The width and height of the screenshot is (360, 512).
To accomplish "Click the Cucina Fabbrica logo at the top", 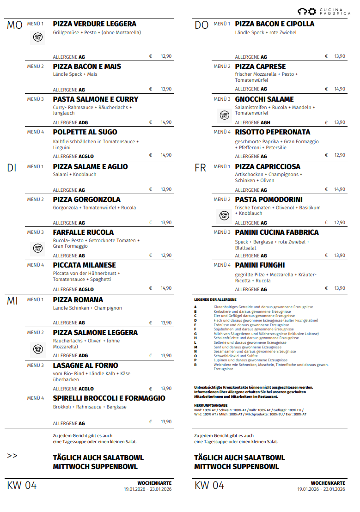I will tap(324, 12).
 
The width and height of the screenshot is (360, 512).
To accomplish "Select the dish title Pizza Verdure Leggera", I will tap(95, 24).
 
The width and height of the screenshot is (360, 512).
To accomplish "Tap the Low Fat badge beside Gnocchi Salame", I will tap(224, 115).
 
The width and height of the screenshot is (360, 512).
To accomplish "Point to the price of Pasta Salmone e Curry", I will tap(166, 122).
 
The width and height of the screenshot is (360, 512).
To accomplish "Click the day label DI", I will tap(12, 168).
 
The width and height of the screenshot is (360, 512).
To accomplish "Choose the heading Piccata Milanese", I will tap(85, 265).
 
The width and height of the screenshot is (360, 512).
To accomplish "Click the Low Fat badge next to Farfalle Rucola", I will tap(38, 249).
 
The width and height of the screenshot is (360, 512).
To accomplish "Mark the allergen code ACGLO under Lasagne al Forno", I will tap(86, 389).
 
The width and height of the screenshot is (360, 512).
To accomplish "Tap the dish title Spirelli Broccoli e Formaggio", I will tap(109, 398).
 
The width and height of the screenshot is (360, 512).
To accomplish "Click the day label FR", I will tap(200, 168).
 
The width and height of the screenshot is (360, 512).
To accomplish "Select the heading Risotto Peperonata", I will tap(273, 132).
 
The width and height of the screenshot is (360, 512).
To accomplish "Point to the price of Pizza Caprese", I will tap(340, 89).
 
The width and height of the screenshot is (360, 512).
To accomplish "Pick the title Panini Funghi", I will tap(260, 265).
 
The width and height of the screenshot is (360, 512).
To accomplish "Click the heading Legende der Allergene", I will tap(212, 300).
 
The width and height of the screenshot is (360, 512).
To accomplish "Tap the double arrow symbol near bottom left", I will tap(12, 456).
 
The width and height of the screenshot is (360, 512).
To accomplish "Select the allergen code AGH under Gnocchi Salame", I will tap(265, 122).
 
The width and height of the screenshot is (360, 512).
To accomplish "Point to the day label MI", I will tap(12, 301).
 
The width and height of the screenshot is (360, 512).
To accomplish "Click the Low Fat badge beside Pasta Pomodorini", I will tap(224, 215).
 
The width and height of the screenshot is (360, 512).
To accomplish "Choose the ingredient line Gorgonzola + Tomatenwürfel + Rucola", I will tap(95, 208).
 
